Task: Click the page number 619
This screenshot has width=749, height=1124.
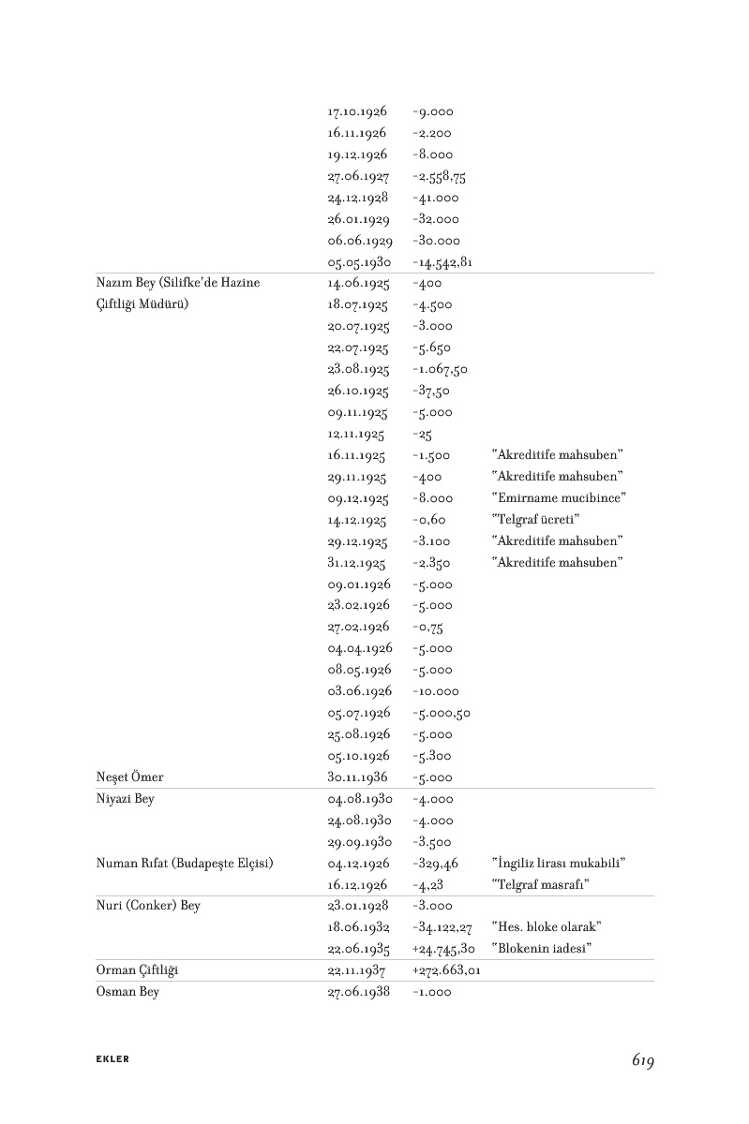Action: point(642,1060)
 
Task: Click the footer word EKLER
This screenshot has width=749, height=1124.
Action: point(112,1059)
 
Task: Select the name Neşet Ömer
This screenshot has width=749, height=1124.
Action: point(130,777)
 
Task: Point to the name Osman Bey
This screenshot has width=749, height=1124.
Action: point(127,992)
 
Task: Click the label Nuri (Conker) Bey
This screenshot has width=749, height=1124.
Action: point(148,906)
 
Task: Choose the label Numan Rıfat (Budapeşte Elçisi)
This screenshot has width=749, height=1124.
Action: point(185,863)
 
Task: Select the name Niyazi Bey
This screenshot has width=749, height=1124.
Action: point(126,799)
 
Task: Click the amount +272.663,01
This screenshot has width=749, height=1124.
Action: point(446,970)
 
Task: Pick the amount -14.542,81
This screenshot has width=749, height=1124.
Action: point(442,262)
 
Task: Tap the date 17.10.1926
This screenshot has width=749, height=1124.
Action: point(357,111)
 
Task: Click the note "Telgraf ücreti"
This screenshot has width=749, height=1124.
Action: point(536,520)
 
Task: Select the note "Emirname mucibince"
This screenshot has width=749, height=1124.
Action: point(559,498)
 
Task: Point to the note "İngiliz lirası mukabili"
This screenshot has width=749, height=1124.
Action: point(558,863)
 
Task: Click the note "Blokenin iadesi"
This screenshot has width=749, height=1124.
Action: point(546,949)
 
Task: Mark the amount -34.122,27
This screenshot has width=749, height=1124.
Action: point(442,927)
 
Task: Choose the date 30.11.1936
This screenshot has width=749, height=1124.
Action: point(358,777)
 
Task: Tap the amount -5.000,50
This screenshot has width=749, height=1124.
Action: point(441,713)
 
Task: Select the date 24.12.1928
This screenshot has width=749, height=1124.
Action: point(358,198)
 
